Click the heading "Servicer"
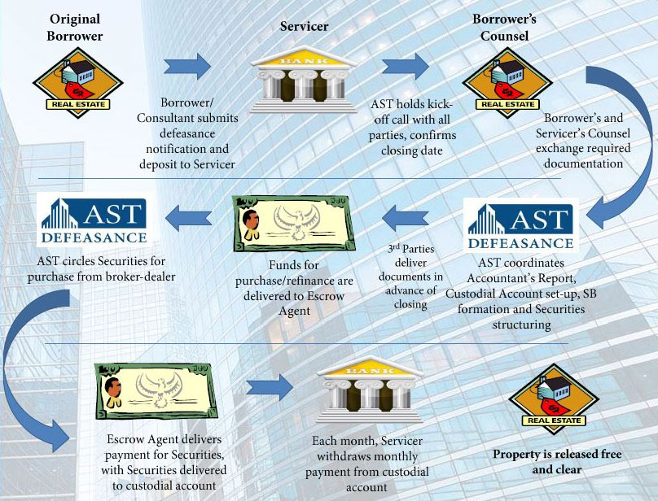point(304,27)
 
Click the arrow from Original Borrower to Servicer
point(186,65)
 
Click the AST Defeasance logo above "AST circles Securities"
point(92,220)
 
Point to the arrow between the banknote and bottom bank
point(268,386)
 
